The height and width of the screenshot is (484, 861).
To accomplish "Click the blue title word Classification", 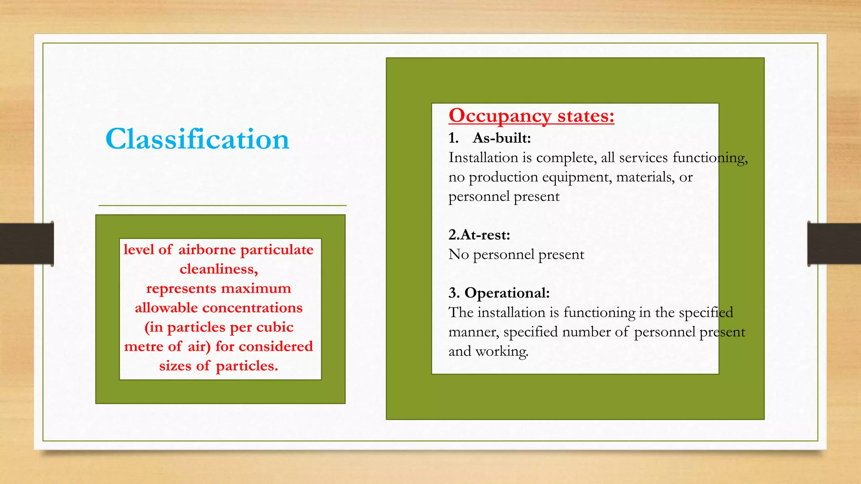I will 197,139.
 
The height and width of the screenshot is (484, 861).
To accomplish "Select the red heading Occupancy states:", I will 531,116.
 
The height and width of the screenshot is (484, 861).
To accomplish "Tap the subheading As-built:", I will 502,138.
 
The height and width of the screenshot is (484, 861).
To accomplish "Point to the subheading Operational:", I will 507,293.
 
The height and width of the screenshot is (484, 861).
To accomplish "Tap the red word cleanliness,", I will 219,269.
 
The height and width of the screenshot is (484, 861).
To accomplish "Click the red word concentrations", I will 252,308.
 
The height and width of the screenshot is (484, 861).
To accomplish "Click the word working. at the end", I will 502,351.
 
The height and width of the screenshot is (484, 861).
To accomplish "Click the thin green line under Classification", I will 222,205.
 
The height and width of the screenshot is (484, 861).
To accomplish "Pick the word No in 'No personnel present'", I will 458,255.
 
